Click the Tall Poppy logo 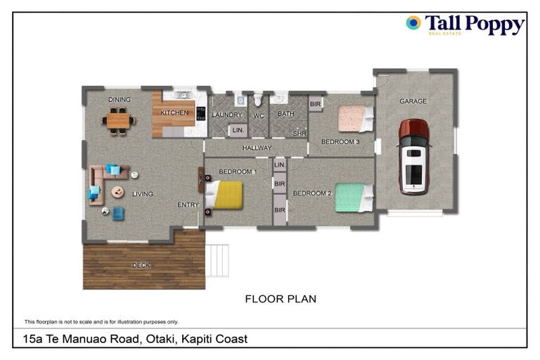tap(465, 25)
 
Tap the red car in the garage tap(413, 156)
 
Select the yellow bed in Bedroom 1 tap(227, 195)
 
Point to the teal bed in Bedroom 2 tap(351, 198)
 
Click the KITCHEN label tap(174, 112)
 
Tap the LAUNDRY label tap(226, 115)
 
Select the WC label tap(258, 115)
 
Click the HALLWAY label tap(257, 148)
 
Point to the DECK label tap(141, 265)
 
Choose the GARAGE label tap(413, 101)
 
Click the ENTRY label tap(188, 205)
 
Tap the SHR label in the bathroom tap(299, 133)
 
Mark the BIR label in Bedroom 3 tap(315, 103)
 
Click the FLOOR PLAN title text tap(280, 299)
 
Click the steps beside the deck tap(217, 260)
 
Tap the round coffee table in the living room tap(118, 191)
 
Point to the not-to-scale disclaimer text tap(101, 321)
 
